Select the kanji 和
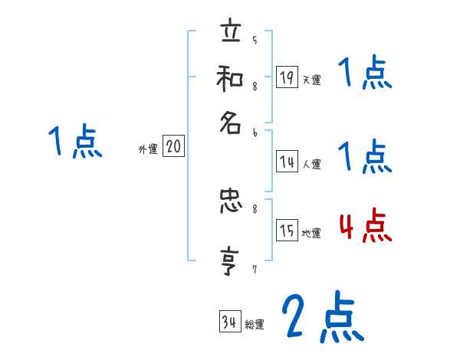click(x=230, y=78)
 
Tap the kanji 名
click(x=230, y=123)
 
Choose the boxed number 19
click(x=285, y=77)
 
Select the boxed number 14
click(x=285, y=161)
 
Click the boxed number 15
click(x=285, y=231)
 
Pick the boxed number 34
click(x=228, y=322)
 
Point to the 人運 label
click(x=311, y=164)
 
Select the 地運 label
click(x=311, y=234)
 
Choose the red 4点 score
click(x=365, y=227)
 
